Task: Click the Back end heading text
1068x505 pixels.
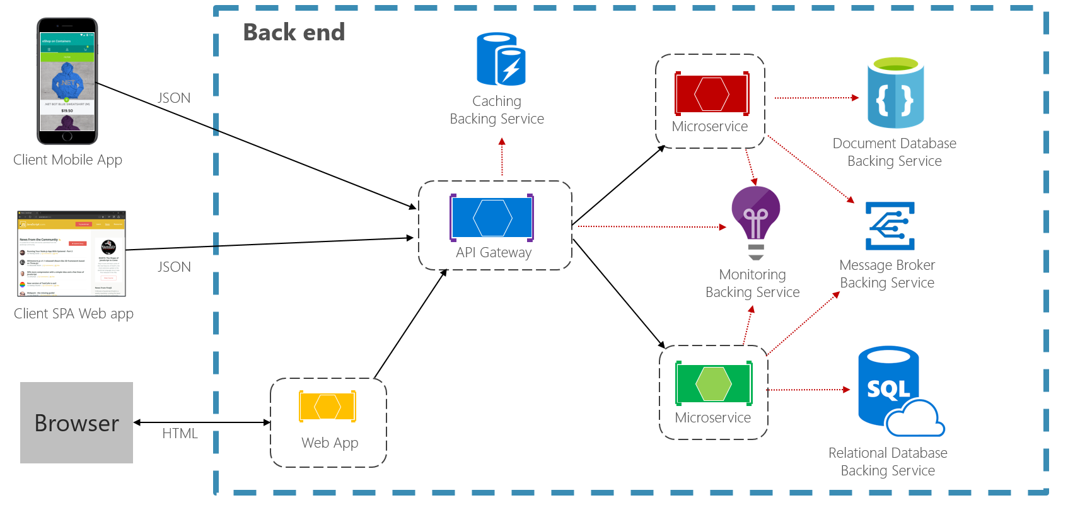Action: coord(294,32)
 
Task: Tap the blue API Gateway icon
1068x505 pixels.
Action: coord(492,218)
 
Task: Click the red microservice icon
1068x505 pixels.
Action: coord(711,94)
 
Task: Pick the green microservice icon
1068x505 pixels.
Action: coord(714,383)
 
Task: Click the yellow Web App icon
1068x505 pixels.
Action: coord(327,407)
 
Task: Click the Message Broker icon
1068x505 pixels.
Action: coord(890,226)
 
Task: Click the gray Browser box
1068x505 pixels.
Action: coord(76,422)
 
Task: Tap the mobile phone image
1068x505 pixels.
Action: coord(67,81)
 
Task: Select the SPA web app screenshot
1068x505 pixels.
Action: coord(71,254)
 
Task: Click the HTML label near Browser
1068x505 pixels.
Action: coord(180,434)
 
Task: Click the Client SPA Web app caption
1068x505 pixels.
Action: coord(74,314)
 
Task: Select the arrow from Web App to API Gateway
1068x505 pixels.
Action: coord(410,325)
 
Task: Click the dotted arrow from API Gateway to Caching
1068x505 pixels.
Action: coord(502,158)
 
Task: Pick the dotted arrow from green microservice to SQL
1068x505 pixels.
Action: coord(808,390)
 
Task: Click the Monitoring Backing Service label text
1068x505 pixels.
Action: coord(752,284)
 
